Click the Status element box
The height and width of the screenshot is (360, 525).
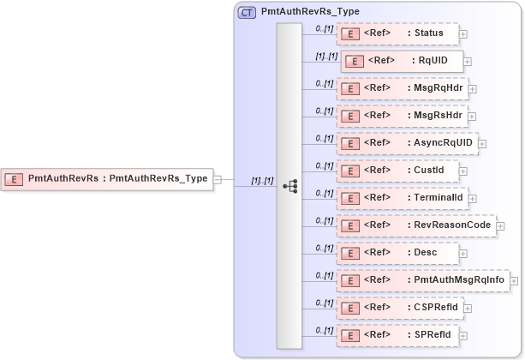pos(397,33)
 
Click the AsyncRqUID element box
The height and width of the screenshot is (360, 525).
pos(407,143)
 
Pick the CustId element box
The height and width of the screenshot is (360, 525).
pos(397,171)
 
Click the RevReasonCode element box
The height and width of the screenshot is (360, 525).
pos(416,225)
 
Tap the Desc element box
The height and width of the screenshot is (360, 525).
pos(397,253)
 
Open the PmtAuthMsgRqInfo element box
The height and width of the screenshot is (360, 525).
pos(423,280)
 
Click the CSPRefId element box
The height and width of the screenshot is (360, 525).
pos(400,307)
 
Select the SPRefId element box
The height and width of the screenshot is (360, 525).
pos(398,334)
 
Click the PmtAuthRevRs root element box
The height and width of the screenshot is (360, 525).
pos(107,179)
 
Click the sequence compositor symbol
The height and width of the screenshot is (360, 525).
pos(289,185)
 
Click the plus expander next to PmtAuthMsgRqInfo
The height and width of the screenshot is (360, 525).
pos(515,280)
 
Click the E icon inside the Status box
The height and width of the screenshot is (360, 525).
pos(349,34)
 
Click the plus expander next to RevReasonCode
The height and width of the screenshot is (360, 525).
pos(501,225)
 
